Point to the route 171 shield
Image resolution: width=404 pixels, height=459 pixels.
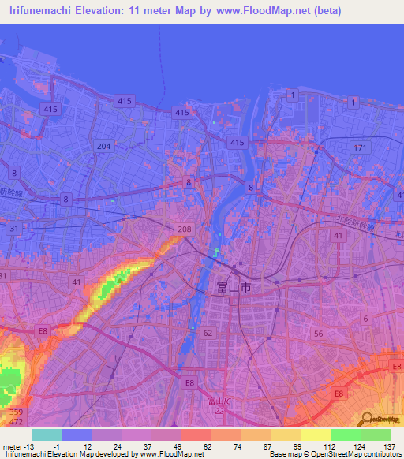click(x=361, y=147)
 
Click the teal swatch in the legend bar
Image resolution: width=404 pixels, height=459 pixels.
click(x=47, y=435)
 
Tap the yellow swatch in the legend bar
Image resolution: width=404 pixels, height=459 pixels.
click(x=316, y=435)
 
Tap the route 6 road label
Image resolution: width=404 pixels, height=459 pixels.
click(x=365, y=317)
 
